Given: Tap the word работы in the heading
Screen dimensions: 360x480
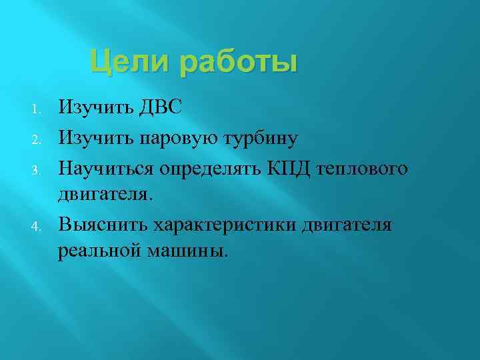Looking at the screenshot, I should click(237, 63).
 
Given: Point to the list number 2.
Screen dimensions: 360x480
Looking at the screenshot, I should click(38, 139).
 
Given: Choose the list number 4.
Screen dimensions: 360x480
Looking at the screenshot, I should click(38, 225).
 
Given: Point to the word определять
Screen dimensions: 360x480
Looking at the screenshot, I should click(212, 169).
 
